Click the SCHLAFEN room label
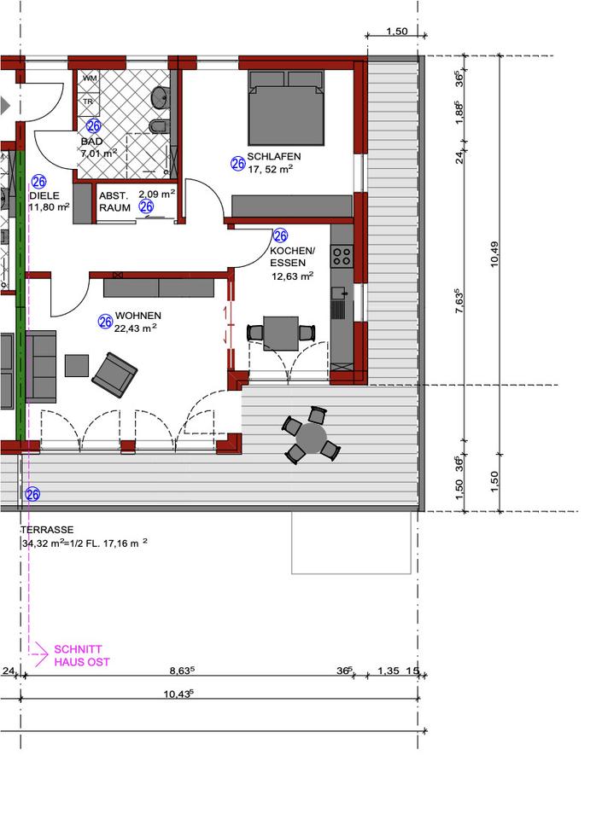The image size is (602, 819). tap(274, 156)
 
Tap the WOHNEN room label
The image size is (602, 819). tap(138, 316)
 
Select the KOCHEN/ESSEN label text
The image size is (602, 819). tap(292, 257)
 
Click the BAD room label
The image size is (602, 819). tap(91, 142)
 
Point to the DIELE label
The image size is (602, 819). tap(44, 195)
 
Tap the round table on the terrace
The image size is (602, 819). tap(311, 437)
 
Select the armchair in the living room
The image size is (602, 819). tap(114, 375)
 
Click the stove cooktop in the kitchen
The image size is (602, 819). tap(342, 256)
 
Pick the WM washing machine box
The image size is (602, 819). tap(90, 78)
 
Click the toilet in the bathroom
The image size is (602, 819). tap(158, 126)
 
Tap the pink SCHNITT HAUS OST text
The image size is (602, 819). tap(82, 655)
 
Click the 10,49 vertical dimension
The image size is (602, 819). tap(494, 254)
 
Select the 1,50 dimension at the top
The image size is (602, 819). tap(396, 32)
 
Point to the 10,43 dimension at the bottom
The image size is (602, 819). tap(178, 694)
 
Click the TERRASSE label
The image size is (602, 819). tap(47, 530)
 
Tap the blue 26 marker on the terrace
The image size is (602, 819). tap(32, 494)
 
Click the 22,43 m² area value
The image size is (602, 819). tap(136, 328)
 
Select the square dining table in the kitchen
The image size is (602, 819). tap(281, 333)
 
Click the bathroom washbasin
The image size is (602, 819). tap(160, 97)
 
